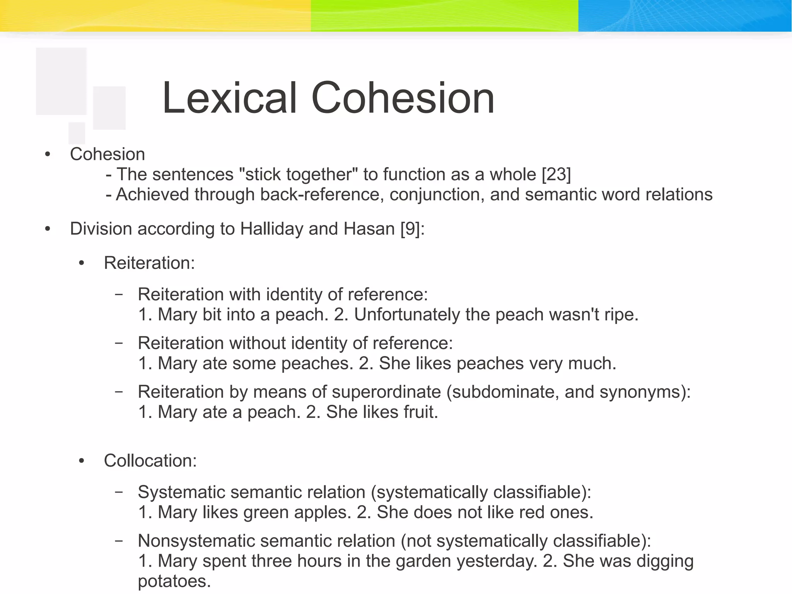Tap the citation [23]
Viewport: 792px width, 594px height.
(x=556, y=174)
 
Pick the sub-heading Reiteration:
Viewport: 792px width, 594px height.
(x=149, y=263)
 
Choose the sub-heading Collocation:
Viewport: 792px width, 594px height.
(x=150, y=460)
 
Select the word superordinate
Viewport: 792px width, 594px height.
(x=386, y=392)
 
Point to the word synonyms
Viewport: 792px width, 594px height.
(x=642, y=392)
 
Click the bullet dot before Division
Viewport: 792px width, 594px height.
(x=48, y=229)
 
